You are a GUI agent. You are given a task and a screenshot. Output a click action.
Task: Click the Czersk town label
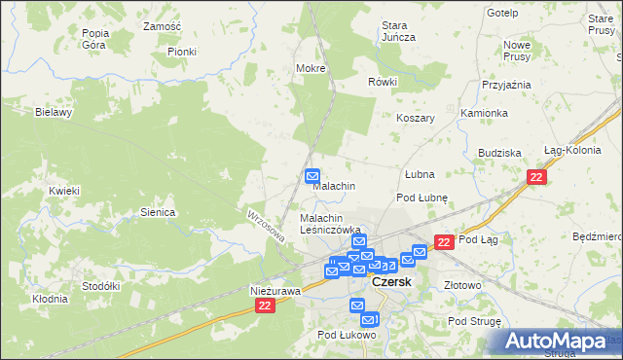click(392, 281)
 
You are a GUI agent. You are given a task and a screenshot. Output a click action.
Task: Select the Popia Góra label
click(95, 39)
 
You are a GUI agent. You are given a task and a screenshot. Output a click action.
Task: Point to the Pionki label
click(181, 52)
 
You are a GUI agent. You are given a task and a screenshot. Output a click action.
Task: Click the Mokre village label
click(310, 69)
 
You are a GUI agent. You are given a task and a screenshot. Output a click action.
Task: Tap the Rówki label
click(383, 82)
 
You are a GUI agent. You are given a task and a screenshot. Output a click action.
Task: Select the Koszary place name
click(415, 118)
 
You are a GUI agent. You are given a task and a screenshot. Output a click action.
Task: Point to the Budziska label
click(500, 154)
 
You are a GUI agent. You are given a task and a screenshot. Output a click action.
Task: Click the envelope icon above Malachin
click(312, 176)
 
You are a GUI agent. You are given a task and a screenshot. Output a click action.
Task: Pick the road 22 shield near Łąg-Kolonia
click(536, 177)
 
